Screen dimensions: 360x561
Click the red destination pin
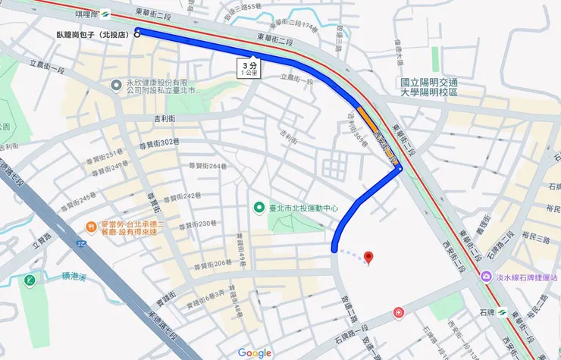point(368,258)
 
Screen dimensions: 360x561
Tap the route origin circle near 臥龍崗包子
point(137,32)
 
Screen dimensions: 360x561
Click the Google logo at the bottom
point(254,352)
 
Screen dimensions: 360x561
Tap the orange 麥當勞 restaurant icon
point(91,225)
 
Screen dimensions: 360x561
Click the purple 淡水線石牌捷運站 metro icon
point(485,277)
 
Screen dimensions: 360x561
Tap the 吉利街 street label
point(165,119)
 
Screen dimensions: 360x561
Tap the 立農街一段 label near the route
point(296,78)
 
